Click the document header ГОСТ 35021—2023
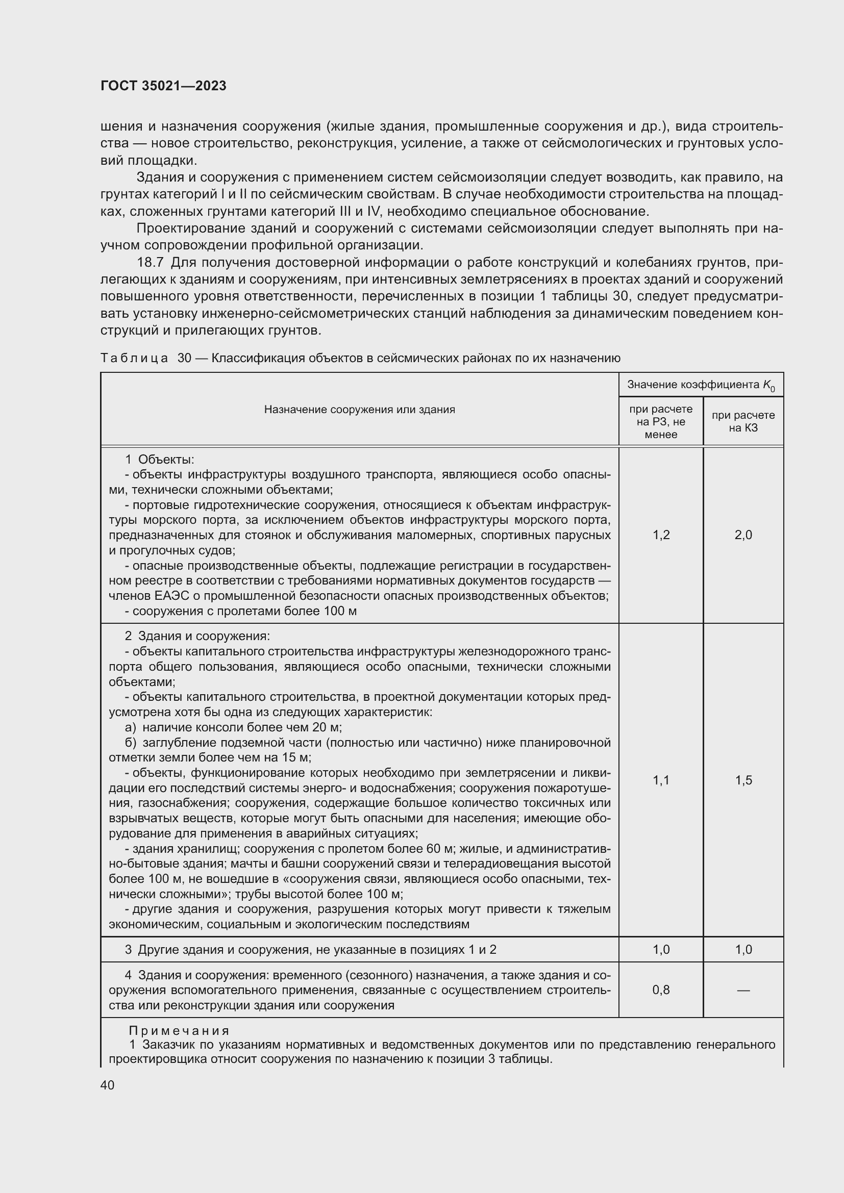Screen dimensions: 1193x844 click(163, 86)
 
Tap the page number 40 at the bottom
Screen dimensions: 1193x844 click(108, 1085)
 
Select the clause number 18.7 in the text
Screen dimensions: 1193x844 click(150, 262)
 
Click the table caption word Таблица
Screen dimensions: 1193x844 click(134, 358)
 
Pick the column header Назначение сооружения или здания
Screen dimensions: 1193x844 click(359, 410)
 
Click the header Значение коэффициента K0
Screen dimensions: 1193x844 click(701, 385)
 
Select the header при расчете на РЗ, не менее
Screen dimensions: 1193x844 click(660, 421)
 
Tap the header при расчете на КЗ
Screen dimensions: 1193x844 click(743, 421)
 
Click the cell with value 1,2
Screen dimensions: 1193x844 click(661, 535)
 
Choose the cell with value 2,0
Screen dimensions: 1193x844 click(743, 535)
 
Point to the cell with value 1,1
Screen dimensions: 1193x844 click(661, 780)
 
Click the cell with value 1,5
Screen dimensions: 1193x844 click(743, 780)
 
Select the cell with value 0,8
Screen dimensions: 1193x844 click(661, 990)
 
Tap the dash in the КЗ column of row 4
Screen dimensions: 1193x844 click(743, 991)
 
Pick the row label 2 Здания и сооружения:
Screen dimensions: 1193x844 click(197, 636)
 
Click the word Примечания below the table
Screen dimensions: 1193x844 click(179, 1030)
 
